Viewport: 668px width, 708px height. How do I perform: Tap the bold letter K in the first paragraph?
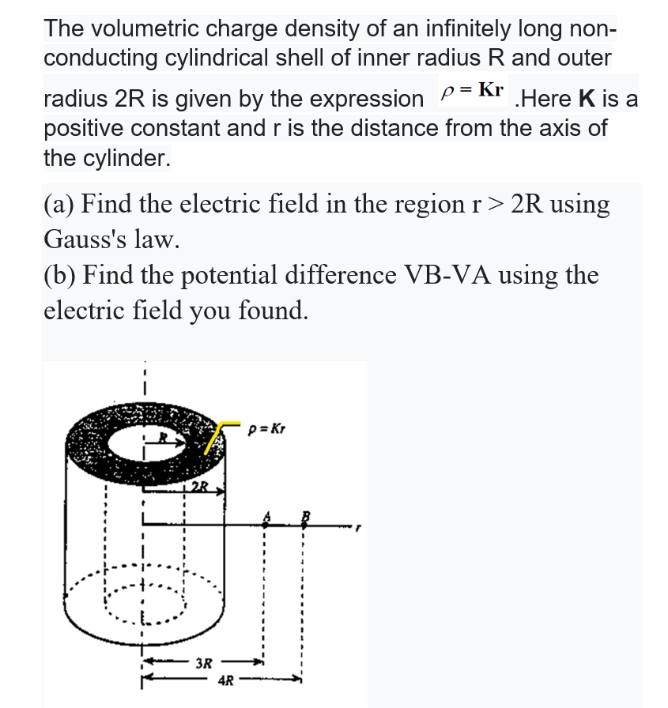(587, 100)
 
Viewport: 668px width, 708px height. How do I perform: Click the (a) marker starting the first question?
(58, 204)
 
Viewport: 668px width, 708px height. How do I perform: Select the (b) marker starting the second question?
(59, 275)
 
